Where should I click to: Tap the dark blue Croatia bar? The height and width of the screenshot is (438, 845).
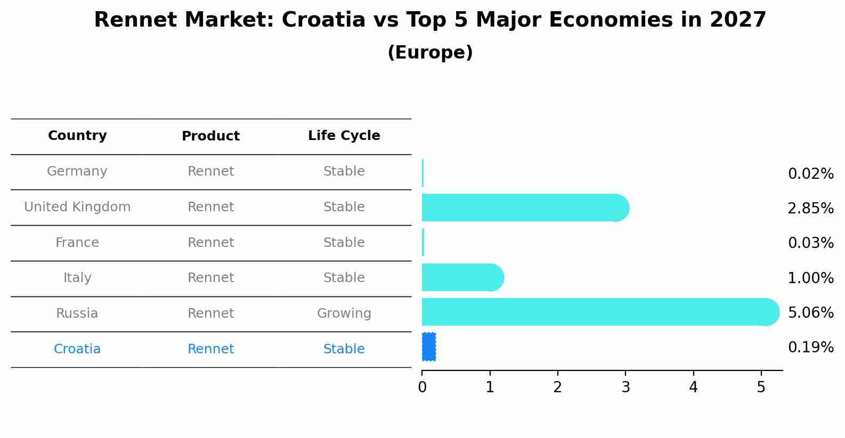click(x=429, y=347)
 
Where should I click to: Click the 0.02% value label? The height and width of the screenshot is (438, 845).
click(x=810, y=174)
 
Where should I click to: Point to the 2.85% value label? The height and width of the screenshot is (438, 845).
click(x=810, y=209)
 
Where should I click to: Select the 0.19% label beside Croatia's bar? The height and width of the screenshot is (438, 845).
click(x=810, y=348)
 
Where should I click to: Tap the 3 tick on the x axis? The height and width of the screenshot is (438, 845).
click(x=625, y=387)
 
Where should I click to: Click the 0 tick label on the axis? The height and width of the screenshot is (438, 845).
click(x=422, y=387)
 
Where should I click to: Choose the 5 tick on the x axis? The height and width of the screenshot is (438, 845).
click(x=761, y=387)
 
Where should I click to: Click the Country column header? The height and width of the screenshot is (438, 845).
click(x=77, y=136)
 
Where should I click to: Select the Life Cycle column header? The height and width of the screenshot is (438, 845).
click(x=344, y=136)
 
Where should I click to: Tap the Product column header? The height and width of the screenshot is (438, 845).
click(x=210, y=136)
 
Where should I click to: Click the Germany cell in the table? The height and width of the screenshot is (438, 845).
click(x=77, y=171)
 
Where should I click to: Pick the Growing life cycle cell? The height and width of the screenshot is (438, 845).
click(x=344, y=313)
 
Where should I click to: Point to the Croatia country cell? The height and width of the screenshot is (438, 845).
click(x=77, y=349)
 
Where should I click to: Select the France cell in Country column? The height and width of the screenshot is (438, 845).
click(x=77, y=243)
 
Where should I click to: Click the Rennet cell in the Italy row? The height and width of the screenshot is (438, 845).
click(x=210, y=278)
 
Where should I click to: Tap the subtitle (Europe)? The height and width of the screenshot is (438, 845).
click(x=430, y=53)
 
